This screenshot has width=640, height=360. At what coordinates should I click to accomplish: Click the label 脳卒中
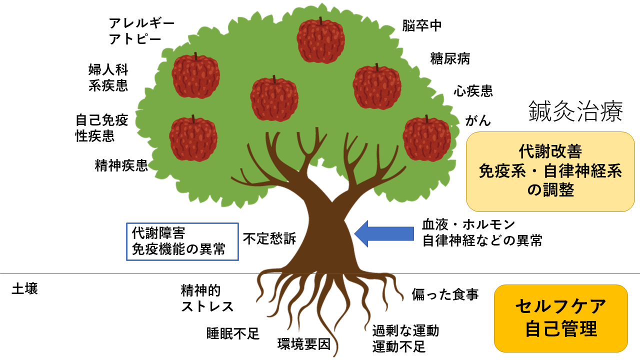pos(422,26)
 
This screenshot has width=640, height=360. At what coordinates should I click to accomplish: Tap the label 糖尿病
pos(450,59)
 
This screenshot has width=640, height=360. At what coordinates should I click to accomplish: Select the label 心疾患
pos(473,91)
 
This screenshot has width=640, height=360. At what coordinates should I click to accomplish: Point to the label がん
pos(478,120)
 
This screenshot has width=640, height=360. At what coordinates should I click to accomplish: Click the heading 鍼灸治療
pos(575,112)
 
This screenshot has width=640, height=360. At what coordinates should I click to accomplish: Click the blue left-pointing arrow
pos(384,233)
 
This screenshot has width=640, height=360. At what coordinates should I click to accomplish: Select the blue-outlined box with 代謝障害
pos(182,241)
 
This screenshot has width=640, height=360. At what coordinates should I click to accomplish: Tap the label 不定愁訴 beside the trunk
pos(269,239)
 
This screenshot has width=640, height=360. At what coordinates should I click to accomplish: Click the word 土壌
pos(25,289)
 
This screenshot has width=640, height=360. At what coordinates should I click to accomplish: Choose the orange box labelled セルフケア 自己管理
pos(560,318)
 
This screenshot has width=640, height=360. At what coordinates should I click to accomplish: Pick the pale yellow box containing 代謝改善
pos(550,171)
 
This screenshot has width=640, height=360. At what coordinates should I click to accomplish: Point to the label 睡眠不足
pos(233,334)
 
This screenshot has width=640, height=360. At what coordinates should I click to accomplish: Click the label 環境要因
pos(304,344)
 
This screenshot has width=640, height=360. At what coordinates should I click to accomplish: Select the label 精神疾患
pos(121,165)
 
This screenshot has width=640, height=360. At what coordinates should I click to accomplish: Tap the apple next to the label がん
pos(426,138)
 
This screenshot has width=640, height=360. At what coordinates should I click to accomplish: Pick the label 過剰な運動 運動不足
pos(405,338)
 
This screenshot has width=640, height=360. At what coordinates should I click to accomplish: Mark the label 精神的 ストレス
pos(207,298)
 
